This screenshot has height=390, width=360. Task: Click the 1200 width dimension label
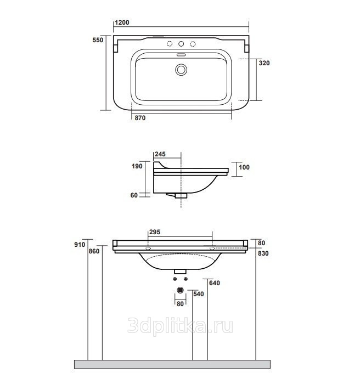click(122, 22)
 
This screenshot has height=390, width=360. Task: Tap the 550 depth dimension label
click(98, 40)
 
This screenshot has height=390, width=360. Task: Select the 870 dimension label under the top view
click(140, 118)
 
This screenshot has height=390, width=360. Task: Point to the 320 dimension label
click(264, 63)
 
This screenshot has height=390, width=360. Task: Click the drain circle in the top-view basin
click(181, 70)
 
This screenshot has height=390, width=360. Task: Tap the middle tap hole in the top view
click(181, 44)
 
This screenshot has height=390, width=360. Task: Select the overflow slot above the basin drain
click(181, 55)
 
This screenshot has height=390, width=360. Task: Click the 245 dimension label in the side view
click(160, 154)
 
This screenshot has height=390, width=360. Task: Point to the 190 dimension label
click(137, 166)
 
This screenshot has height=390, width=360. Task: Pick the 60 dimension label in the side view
click(134, 195)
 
